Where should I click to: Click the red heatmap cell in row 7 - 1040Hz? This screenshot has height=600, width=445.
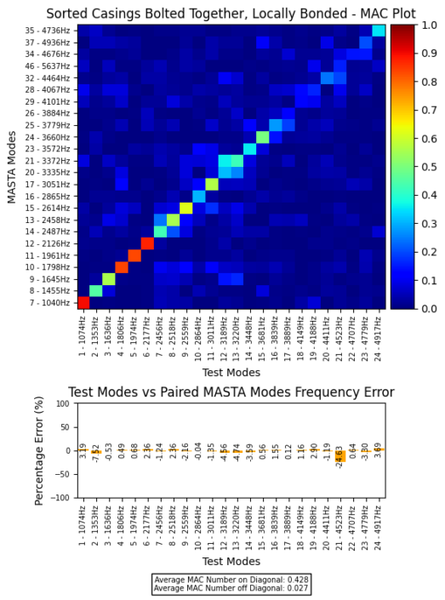point(83,302)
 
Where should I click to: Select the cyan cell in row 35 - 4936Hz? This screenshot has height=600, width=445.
point(378,31)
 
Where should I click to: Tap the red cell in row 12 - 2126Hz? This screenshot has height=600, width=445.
point(147,243)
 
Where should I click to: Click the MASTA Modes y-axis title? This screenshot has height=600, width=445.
point(12,167)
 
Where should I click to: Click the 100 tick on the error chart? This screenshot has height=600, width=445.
point(65,404)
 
